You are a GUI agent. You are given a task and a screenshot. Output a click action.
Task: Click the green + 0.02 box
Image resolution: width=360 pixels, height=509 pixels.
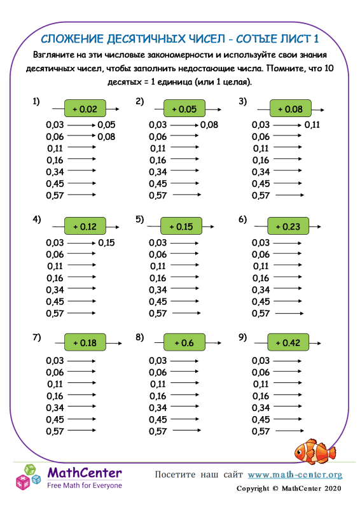pyautogui.click(x=85, y=109)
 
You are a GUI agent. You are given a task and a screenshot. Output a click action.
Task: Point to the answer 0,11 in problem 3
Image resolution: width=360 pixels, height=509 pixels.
pyautogui.click(x=312, y=125)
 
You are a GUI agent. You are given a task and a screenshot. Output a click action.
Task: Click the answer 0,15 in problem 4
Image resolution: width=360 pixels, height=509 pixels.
pyautogui.click(x=106, y=242)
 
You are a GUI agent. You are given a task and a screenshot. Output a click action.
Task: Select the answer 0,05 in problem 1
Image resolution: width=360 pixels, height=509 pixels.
pyautogui.click(x=106, y=125)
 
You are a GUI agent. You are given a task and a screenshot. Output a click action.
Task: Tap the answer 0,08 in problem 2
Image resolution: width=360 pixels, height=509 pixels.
pyautogui.click(x=209, y=125)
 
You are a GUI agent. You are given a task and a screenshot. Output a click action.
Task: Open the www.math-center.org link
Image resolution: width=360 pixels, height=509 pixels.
pyautogui.click(x=294, y=475)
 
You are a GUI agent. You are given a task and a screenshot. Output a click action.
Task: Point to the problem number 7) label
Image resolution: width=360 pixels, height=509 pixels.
pyautogui.click(x=37, y=338)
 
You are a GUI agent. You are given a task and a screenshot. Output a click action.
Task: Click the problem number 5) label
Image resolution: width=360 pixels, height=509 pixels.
pyautogui.click(x=140, y=220)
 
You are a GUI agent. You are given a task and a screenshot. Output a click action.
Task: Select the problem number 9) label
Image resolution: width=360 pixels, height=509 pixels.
pyautogui.click(x=242, y=338)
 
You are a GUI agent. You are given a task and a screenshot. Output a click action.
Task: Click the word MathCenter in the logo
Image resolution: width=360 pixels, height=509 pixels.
pyautogui.click(x=85, y=473)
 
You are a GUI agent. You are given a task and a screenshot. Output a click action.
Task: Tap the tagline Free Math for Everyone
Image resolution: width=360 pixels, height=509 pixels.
pyautogui.click(x=85, y=485)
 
